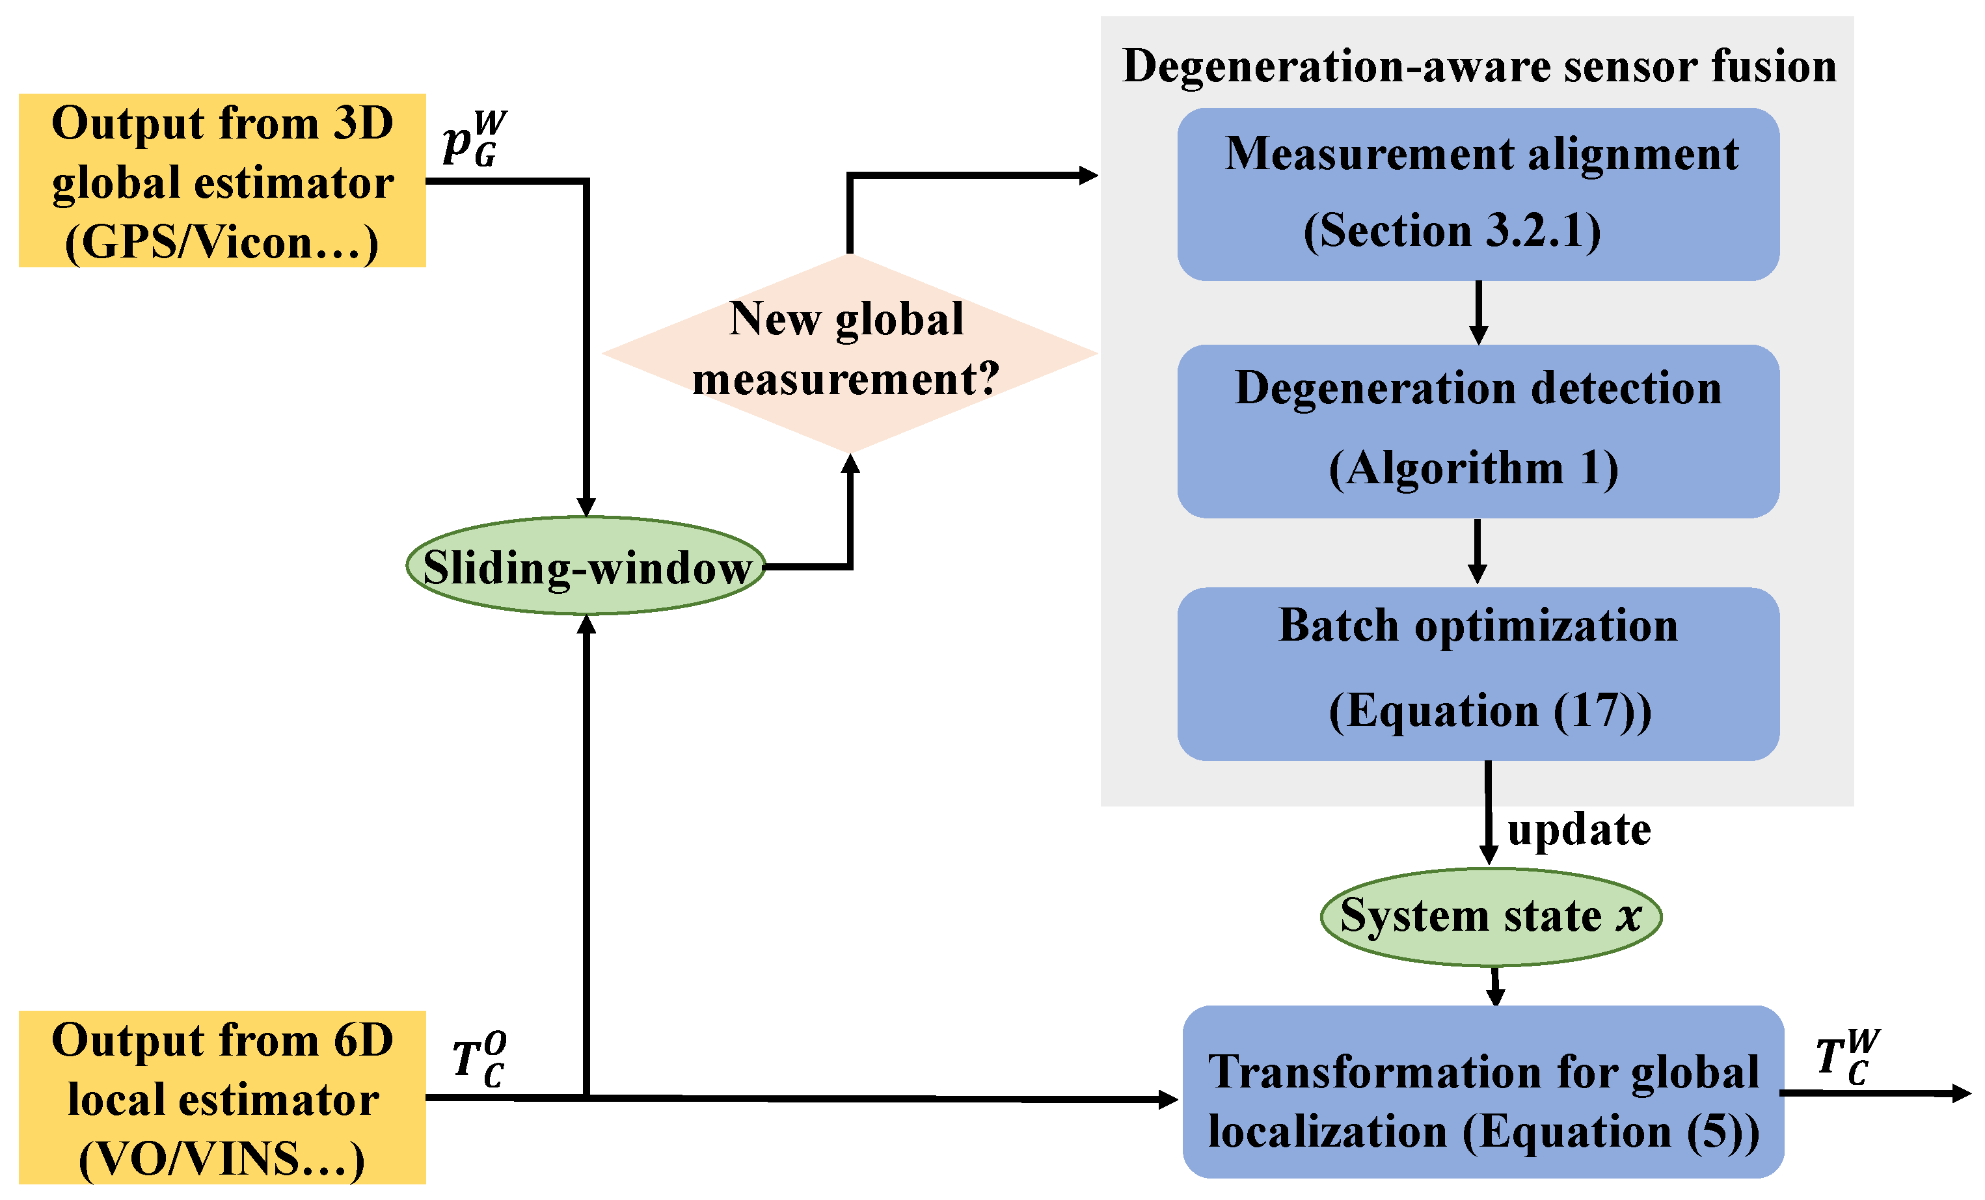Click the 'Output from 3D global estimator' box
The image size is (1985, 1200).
point(222,180)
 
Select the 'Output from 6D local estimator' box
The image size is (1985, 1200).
point(222,1097)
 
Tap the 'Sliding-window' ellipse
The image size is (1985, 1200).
point(586,565)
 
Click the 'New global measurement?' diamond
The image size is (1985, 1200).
point(849,353)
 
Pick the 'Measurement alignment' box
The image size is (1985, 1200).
point(1478,194)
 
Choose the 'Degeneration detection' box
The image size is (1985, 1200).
point(1478,431)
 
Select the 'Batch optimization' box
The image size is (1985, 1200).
point(1478,673)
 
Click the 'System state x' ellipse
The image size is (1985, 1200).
point(1491,916)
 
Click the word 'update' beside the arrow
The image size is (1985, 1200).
point(1578,829)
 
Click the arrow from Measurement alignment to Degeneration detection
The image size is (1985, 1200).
point(1478,312)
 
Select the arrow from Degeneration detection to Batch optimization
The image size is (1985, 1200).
point(1478,552)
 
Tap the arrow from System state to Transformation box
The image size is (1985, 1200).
point(1495,986)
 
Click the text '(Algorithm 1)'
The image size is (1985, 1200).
point(1474,469)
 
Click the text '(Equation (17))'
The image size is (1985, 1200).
point(1489,711)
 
